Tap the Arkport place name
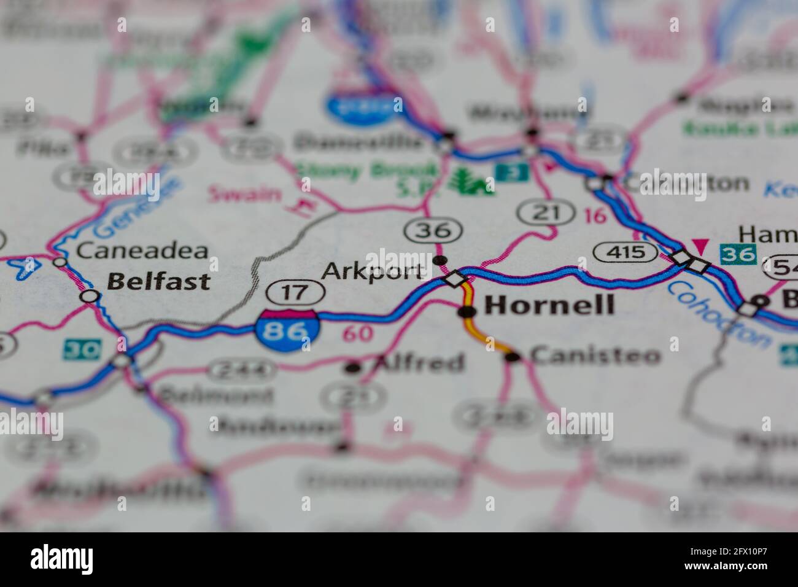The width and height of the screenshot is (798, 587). tap(373, 271)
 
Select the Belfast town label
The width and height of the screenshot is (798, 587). tap(158, 282)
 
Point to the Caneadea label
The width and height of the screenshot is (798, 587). tap(142, 251)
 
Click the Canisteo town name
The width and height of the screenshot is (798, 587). tap(595, 355)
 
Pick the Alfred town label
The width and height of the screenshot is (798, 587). tap(419, 363)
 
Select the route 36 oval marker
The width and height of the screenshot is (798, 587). tap(433, 230)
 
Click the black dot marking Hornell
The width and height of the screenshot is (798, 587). tap(468, 312)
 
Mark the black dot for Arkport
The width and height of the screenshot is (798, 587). tap(440, 260)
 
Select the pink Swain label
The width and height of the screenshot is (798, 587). tap(244, 195)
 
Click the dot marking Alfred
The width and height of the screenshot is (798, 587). tap(352, 368)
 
